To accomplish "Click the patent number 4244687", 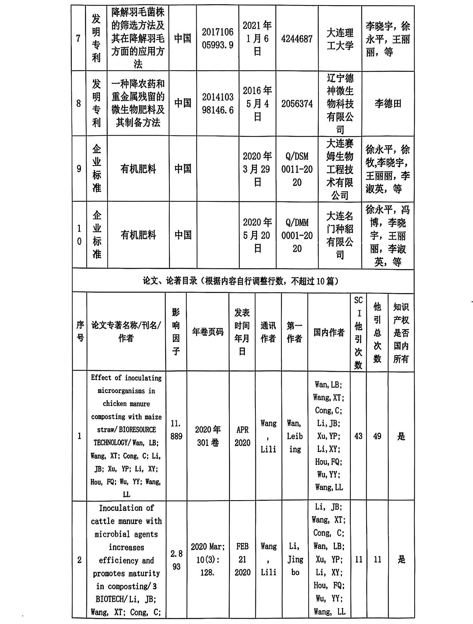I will click(297, 39).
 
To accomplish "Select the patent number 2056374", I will click(297, 104).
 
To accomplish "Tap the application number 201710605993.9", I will click(218, 39).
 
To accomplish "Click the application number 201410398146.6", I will click(218, 103).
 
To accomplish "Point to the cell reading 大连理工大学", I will click(340, 39).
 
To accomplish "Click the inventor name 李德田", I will click(388, 104).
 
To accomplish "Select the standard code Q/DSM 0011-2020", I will click(297, 169).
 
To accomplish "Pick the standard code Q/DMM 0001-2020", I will click(297, 235).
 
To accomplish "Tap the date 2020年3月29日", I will click(257, 169).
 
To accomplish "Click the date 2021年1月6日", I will click(257, 39).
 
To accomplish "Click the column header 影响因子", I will click(176, 332).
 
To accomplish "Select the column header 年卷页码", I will click(208, 332).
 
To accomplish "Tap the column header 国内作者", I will click(329, 332).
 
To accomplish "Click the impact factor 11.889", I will click(176, 430).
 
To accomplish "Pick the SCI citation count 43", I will click(358, 436).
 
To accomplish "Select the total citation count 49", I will click(377, 436).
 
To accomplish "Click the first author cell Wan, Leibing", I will click(294, 436).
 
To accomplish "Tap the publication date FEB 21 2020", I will click(242, 559).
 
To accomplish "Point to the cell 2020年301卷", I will click(208, 436).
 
